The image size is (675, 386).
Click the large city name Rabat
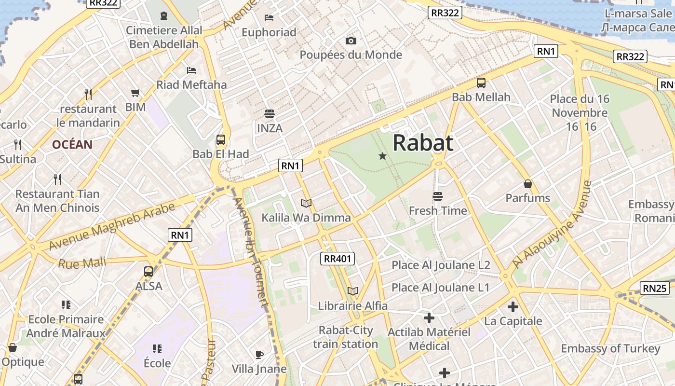(423, 143)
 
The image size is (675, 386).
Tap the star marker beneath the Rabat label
(382, 156)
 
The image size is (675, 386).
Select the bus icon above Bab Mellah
(481, 83)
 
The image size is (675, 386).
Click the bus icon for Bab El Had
(221, 140)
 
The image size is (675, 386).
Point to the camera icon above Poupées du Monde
(351, 41)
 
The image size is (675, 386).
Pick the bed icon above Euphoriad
(269, 18)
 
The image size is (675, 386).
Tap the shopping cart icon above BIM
(135, 93)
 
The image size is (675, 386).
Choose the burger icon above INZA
(270, 114)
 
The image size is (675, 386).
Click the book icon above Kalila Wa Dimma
(306, 203)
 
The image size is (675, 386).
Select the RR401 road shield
(337, 259)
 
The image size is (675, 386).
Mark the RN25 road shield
(655, 289)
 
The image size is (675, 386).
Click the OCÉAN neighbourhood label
(72, 144)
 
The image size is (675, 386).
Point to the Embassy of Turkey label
(610, 348)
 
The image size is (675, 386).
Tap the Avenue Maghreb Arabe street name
(112, 227)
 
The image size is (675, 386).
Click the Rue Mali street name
(82, 263)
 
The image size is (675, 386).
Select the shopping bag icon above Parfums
(528, 184)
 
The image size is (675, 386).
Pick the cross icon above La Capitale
(513, 307)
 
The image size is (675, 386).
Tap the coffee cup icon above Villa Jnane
(259, 355)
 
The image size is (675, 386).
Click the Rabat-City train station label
(346, 337)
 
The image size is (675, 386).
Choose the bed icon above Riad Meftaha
(191, 70)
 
